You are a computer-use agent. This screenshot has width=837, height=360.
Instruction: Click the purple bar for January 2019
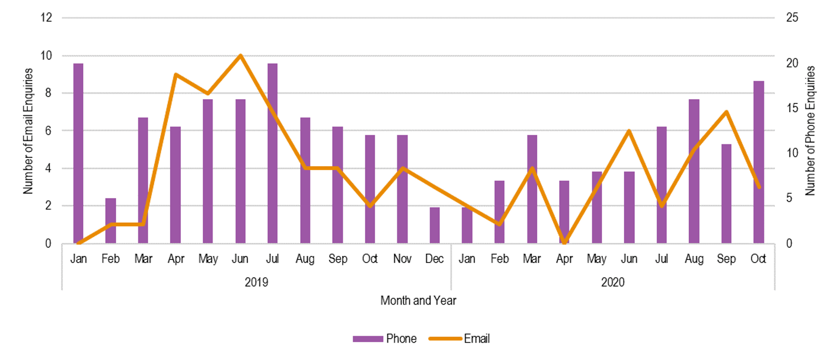(x=78, y=153)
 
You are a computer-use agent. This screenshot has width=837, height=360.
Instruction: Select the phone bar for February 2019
(x=111, y=221)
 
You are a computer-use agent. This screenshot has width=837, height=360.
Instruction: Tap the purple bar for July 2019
(x=272, y=153)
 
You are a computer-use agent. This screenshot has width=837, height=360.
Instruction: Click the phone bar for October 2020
(x=759, y=162)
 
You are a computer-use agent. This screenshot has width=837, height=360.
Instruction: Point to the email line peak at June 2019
(x=240, y=56)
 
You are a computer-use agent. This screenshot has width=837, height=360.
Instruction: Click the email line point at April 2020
(x=564, y=242)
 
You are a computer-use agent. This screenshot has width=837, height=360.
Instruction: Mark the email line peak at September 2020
(x=726, y=112)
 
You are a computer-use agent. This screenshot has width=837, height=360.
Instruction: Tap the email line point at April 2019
(x=175, y=74)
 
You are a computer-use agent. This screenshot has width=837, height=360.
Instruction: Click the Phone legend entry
(x=385, y=339)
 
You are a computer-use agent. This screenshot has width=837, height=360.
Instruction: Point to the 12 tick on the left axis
(x=46, y=18)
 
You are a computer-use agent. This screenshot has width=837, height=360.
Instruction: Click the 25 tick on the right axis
(x=791, y=18)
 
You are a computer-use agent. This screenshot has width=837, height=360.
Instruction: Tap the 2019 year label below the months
(x=256, y=282)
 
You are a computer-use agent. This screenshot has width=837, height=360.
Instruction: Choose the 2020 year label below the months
(x=612, y=282)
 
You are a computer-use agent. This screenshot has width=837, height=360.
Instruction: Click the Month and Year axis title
(x=418, y=300)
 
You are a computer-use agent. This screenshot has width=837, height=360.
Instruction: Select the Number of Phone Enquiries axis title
(x=810, y=131)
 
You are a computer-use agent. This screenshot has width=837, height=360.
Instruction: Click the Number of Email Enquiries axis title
(x=28, y=131)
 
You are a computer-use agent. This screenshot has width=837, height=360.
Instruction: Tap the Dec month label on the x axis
(x=434, y=259)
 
